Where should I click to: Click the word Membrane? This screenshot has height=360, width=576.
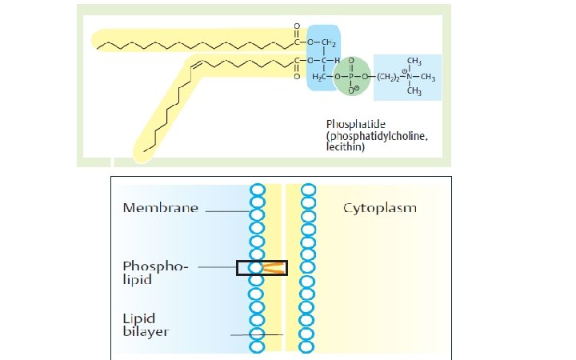(161, 208)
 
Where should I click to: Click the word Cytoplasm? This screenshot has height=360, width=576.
(380, 208)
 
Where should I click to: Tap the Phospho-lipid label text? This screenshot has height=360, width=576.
(155, 273)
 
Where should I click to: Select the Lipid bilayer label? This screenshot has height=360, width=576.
(146, 325)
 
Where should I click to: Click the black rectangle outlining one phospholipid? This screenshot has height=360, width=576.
(262, 261)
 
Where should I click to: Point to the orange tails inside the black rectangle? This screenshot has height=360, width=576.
(274, 268)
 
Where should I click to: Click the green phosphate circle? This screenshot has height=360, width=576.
(351, 77)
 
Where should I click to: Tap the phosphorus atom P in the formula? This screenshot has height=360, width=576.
(351, 77)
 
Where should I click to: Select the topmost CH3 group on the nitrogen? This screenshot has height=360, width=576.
(414, 61)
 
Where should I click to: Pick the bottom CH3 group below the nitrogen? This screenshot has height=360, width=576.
(414, 90)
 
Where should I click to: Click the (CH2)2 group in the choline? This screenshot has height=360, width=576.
(388, 78)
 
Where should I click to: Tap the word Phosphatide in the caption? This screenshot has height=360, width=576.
(355, 124)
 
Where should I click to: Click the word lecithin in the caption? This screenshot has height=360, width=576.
(346, 147)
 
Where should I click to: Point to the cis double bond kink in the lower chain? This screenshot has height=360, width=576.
(196, 63)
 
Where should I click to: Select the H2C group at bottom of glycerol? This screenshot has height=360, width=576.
(319, 77)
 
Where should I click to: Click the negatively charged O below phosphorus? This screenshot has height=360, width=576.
(352, 90)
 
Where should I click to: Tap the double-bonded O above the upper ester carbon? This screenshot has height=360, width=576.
(297, 26)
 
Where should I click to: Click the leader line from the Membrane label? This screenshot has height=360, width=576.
(227, 211)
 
